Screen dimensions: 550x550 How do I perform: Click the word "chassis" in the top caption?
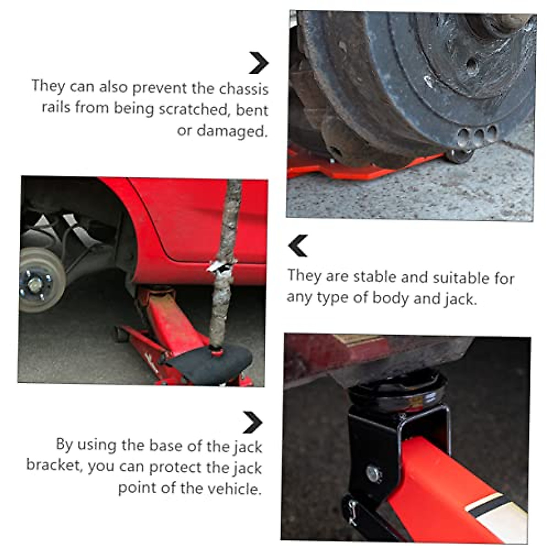coord(243,89)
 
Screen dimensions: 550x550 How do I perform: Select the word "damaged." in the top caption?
coord(222,131)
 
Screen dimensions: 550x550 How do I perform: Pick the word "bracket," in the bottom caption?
coord(54,465)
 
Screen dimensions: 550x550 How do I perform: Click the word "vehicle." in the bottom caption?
coord(235,488)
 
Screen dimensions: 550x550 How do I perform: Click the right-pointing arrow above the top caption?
coord(258,63)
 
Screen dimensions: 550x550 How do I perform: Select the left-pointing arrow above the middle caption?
coord(298,246)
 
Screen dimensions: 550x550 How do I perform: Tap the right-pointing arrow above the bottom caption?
coord(252,422)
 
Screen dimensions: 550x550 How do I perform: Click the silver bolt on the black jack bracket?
coord(374,473)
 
